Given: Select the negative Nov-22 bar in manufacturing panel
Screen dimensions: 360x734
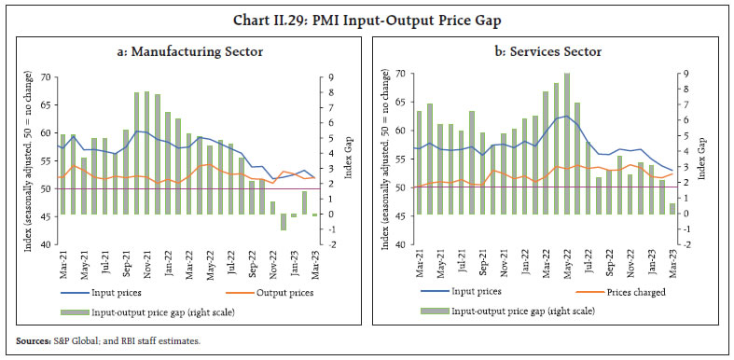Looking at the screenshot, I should (284, 222).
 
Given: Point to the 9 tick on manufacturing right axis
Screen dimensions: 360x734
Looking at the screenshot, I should (323, 77).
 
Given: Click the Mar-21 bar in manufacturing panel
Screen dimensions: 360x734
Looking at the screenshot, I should (62, 174).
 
